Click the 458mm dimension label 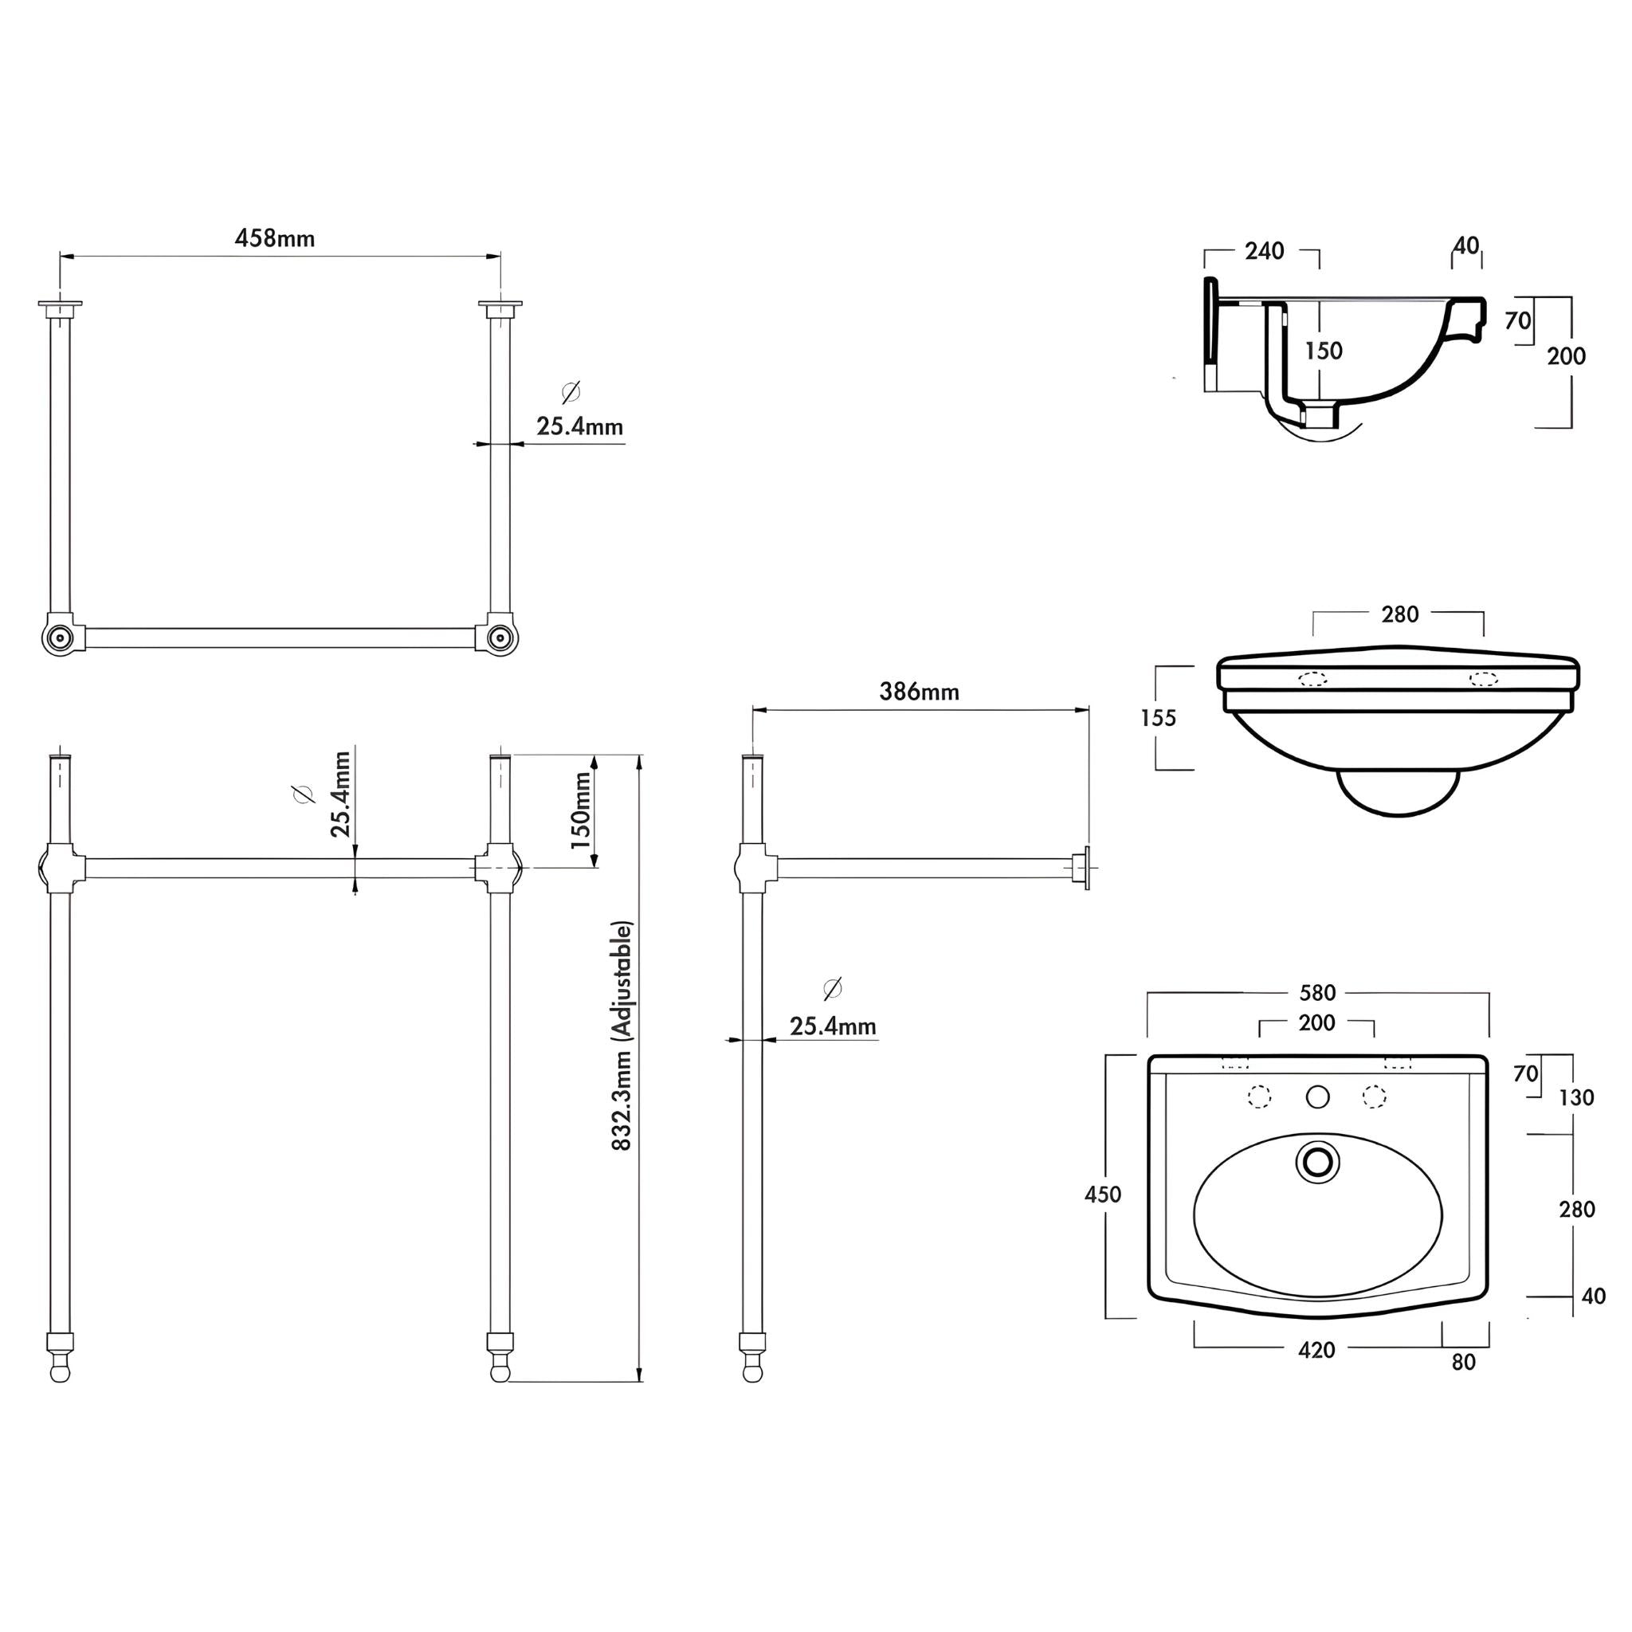pyautogui.click(x=275, y=238)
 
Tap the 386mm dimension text pyautogui.click(x=919, y=692)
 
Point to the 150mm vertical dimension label pyautogui.click(x=581, y=810)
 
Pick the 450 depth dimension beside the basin pyautogui.click(x=1102, y=1195)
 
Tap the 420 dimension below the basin pyautogui.click(x=1316, y=1351)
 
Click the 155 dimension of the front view pyautogui.click(x=1157, y=718)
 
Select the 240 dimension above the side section pyautogui.click(x=1265, y=251)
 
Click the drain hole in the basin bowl pyautogui.click(x=1317, y=1163)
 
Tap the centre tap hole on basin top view pyautogui.click(x=1317, y=1096)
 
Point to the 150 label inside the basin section pyautogui.click(x=1323, y=351)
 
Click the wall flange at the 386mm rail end pyautogui.click(x=1083, y=868)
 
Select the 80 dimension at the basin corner pyautogui.click(x=1463, y=1363)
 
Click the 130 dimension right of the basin pyautogui.click(x=1576, y=1097)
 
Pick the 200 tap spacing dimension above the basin pyautogui.click(x=1316, y=1023)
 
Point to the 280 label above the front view pyautogui.click(x=1399, y=615)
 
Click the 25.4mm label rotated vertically pyautogui.click(x=339, y=794)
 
